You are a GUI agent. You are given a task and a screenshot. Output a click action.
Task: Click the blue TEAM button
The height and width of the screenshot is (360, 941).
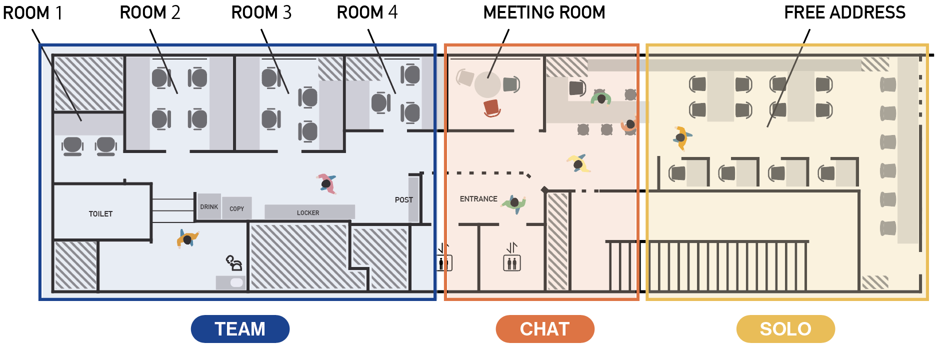coord(240,329)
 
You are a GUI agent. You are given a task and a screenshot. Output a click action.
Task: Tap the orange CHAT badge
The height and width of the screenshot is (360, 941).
coord(544,329)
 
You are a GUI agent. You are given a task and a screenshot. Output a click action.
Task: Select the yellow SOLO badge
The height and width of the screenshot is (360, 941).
coord(785,329)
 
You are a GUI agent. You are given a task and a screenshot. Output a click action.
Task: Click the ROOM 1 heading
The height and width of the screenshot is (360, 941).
coord(32,12)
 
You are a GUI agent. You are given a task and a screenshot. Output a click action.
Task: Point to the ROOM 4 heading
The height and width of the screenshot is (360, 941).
coord(367,12)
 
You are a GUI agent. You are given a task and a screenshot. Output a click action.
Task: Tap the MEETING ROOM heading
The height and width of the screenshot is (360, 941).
coord(544,12)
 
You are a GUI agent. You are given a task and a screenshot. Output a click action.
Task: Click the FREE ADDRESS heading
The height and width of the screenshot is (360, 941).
coord(844,12)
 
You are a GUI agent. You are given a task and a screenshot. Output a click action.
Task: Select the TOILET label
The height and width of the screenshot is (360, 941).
coord(100,214)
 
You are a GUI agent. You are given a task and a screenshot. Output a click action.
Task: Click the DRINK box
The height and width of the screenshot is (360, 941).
coord(209,206)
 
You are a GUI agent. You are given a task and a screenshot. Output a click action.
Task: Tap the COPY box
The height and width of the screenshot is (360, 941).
coord(236,208)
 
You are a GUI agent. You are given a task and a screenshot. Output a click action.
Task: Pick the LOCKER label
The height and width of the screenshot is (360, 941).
coord(308,212)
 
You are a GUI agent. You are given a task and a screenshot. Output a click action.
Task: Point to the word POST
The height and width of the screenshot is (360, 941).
coord(403,200)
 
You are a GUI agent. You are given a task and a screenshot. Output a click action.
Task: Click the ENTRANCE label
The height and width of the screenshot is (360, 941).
coord(478,199)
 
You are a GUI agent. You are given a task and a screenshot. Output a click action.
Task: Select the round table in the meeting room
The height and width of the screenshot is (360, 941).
coord(487,84)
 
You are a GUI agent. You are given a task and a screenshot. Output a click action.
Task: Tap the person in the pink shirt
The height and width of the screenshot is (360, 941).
coord(326,183)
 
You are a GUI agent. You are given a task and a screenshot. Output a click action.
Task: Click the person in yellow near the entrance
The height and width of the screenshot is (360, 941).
coord(578,163)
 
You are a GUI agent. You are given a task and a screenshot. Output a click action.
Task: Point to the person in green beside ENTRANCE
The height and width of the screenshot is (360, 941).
coord(514,203)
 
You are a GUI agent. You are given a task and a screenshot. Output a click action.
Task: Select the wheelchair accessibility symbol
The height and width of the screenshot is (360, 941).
coord(234,262)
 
